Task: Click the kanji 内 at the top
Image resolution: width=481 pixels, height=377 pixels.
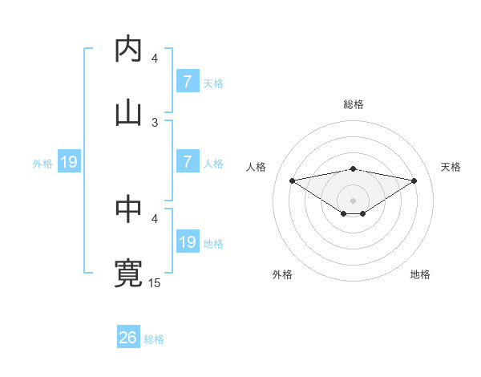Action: (128, 50)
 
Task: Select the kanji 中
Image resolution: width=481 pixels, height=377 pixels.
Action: (128, 210)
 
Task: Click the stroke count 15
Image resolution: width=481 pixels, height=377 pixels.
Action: (155, 282)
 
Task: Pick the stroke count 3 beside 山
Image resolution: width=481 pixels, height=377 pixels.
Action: (155, 122)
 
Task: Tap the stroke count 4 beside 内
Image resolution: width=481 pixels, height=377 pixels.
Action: (155, 59)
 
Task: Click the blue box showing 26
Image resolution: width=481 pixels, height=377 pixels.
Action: (128, 338)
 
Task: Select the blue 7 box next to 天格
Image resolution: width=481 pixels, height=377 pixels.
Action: (188, 81)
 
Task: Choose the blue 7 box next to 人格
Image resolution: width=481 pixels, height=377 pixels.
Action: (188, 162)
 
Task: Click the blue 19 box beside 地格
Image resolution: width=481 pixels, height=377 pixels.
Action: (188, 242)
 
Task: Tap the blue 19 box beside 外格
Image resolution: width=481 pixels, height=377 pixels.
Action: (68, 162)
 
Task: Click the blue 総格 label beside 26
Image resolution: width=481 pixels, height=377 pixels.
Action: (154, 339)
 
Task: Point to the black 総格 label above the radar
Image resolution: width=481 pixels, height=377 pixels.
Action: (353, 104)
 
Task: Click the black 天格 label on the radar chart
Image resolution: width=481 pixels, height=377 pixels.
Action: (451, 167)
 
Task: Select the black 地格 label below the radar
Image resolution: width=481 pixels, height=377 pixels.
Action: (420, 274)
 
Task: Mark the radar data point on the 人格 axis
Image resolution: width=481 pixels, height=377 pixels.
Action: (292, 180)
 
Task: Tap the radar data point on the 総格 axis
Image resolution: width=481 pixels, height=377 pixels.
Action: (353, 168)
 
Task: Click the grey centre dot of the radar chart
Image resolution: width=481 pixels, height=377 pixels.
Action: (353, 200)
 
